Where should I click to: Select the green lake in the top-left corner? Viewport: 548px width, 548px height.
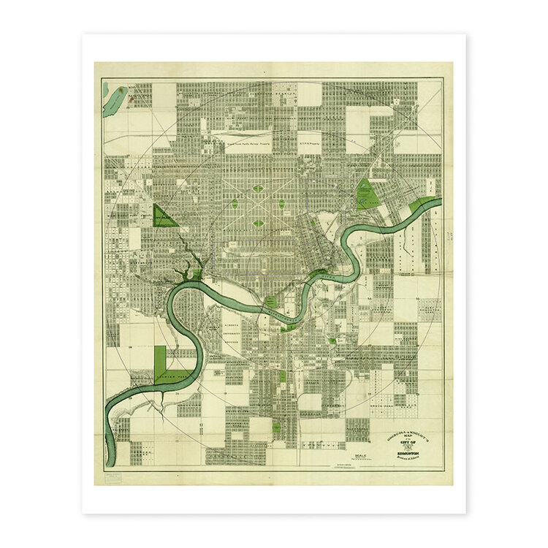(115, 101)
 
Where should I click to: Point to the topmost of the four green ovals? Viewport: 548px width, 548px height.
(258, 189)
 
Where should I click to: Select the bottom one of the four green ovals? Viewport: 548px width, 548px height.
(258, 224)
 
